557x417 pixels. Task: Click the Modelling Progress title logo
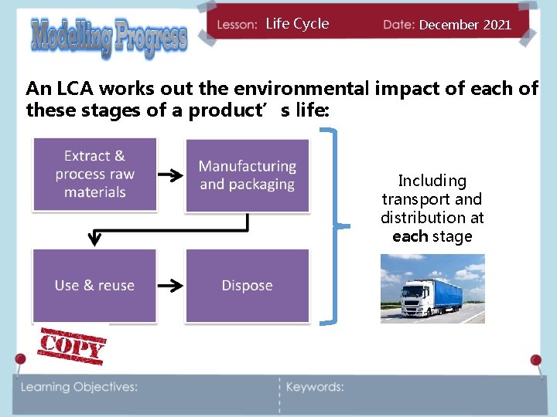[x=109, y=36]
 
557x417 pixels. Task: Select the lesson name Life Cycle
[x=297, y=24]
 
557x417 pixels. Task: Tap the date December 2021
[x=465, y=25]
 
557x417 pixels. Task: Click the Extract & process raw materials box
[x=94, y=175]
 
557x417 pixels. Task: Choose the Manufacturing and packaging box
[x=247, y=175]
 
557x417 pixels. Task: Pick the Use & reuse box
[x=94, y=286]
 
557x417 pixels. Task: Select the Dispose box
[x=247, y=286]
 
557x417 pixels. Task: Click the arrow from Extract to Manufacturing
[x=171, y=176]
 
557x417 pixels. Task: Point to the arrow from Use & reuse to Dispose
[x=171, y=286]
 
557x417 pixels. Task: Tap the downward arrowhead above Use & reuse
[x=94, y=239]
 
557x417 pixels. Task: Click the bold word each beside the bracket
[x=410, y=236]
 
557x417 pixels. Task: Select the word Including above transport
[x=432, y=181]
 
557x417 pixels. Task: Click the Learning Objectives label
[x=80, y=387]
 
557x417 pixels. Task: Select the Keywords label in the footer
[x=315, y=387]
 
